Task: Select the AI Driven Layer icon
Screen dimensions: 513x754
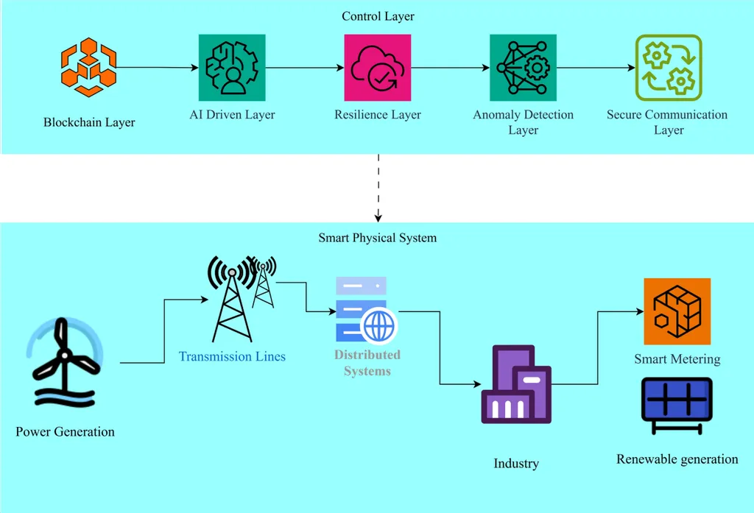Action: pos(232,68)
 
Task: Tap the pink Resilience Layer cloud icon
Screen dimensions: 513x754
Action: pos(377,68)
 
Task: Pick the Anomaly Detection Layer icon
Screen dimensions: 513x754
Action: pos(523,68)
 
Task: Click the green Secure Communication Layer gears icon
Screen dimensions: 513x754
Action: pos(669,68)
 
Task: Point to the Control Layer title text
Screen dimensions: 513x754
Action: pos(378,16)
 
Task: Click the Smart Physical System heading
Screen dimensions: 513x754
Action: pos(377,238)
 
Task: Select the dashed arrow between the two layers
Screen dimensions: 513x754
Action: pos(378,188)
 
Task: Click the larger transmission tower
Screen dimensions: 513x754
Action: pos(232,302)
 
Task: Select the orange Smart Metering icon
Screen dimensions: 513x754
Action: pos(677,311)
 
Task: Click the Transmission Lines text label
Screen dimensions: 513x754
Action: pos(232,357)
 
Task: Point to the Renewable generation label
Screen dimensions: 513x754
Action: pos(677,459)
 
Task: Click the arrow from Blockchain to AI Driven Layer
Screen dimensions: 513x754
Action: pos(158,68)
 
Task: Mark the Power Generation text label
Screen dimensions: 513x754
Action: pos(65,431)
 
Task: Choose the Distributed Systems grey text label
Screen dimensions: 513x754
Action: pos(367,363)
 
